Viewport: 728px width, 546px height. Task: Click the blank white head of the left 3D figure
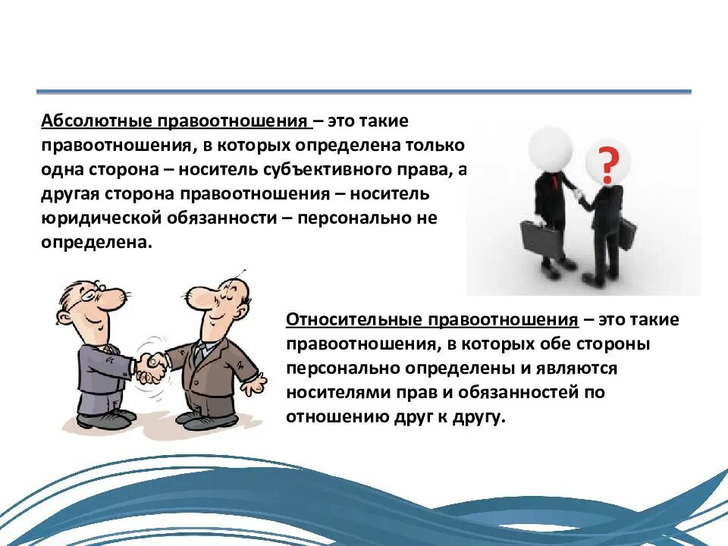coord(548,147)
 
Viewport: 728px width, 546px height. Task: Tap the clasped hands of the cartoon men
coord(151,366)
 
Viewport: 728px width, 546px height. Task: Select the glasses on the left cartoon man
coord(89,292)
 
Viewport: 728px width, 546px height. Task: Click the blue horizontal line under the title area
coord(364,92)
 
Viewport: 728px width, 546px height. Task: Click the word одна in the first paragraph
coord(63,169)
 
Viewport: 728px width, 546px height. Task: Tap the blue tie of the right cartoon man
coord(199,353)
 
